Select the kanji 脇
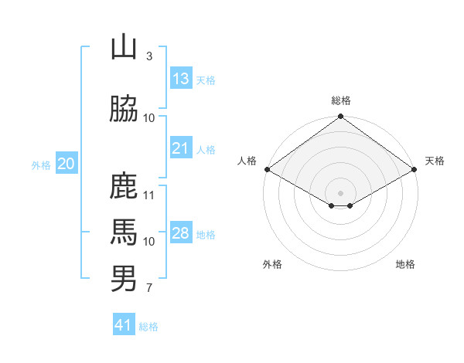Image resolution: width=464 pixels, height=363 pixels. (124, 110)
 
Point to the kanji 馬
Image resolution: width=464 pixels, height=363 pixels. (124, 232)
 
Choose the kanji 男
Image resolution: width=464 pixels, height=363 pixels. (124, 278)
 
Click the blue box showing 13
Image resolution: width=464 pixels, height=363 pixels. (181, 79)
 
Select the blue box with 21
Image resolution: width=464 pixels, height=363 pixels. (181, 148)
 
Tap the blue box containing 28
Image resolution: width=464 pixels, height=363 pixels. (181, 234)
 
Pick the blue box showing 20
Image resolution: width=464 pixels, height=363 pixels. (67, 164)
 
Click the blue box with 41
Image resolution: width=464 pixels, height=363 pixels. (124, 325)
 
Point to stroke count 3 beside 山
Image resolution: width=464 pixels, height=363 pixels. (148, 56)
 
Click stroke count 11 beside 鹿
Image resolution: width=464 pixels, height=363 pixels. (149, 195)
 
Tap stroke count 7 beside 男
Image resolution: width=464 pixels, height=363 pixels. (148, 289)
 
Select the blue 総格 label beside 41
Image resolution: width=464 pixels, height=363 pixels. (148, 327)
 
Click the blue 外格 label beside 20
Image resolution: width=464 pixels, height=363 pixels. (41, 165)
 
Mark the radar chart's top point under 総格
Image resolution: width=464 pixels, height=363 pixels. (340, 117)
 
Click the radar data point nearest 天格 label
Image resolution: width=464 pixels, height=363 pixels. (415, 169)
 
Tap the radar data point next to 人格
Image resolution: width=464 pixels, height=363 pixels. (267, 169)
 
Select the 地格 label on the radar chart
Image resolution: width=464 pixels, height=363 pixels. (405, 264)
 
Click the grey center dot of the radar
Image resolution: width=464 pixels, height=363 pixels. (340, 192)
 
